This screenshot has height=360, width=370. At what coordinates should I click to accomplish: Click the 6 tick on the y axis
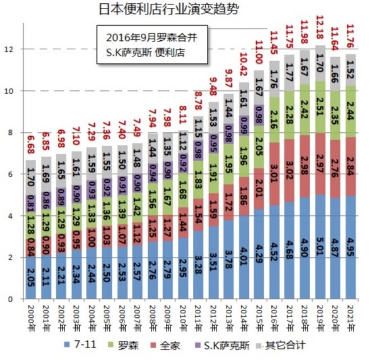[x=11, y=174]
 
